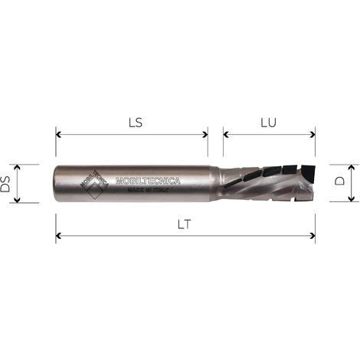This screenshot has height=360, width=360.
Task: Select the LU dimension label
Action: pos(269,121)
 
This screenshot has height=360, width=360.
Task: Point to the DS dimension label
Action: pos(7,183)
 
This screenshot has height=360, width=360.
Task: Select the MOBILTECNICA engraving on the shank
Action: pos(147,181)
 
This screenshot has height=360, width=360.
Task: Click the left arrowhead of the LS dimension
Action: pos(59,135)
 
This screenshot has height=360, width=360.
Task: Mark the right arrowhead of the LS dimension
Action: pos(205,135)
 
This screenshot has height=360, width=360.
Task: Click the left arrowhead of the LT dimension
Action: pos(59,236)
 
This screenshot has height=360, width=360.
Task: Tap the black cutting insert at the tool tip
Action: pos(307,170)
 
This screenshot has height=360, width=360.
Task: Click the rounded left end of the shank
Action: pos(55,184)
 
